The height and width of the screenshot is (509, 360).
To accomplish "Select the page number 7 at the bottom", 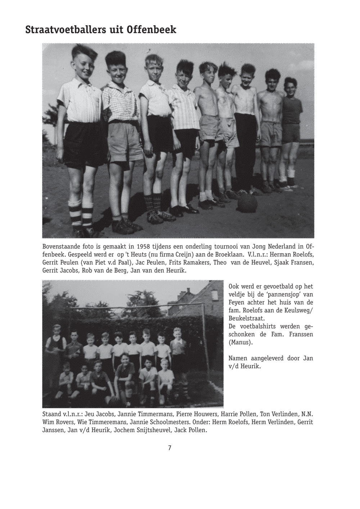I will click(170, 448).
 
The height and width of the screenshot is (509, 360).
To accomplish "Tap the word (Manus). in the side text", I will click(241, 342).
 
